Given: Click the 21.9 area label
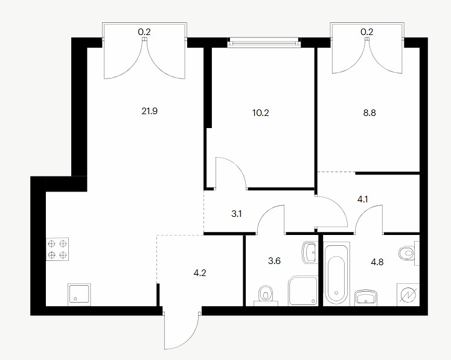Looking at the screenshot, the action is coord(149,111).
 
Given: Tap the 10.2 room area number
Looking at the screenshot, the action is coord(261,113).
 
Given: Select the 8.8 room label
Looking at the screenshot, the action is coord(369,113).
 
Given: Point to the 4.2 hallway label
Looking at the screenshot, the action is coord(200,273).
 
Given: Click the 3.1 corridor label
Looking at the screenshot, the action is coord(237,214).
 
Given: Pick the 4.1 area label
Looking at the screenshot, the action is coord(362,199).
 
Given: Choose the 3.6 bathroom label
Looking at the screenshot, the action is coord(274,261).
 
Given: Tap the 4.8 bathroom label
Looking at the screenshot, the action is coord(377,262).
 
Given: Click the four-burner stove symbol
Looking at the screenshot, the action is coord(57,249).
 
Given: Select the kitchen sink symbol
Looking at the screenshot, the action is coord(79,295).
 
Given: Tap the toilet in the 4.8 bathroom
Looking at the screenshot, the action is coord(409,253).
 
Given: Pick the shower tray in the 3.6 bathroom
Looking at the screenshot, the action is coord(302,291).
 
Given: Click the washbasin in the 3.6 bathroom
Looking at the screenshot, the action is coord(309,252).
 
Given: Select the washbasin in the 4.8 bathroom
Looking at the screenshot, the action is coord(366,298).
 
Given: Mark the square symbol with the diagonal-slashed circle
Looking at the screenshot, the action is coord(408,295).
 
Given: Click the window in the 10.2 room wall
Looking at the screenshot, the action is coord(264,43).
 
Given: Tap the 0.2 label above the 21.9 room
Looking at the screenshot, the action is coord(144,32).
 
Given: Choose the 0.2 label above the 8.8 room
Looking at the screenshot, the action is coord(367,32).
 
